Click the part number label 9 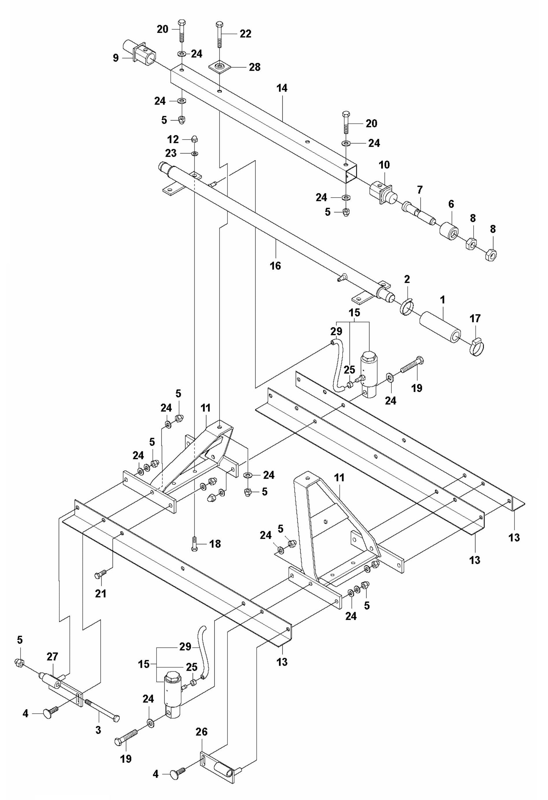(x=116, y=58)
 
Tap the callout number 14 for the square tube (x=282, y=88)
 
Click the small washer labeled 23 (x=195, y=153)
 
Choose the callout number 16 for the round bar (x=275, y=265)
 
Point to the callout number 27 (x=52, y=656)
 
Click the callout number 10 (x=384, y=165)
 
